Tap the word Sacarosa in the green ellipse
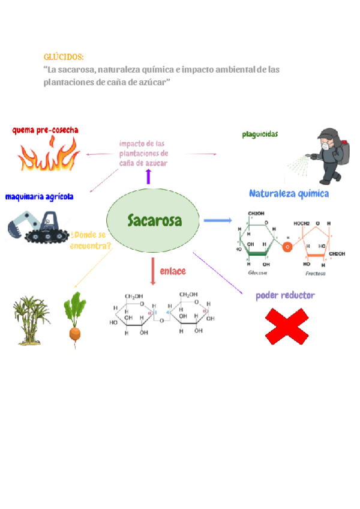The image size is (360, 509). (x=154, y=220)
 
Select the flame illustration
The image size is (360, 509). (x=49, y=154)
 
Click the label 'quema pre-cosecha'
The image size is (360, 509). (x=45, y=130)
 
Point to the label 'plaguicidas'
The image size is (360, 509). (x=260, y=134)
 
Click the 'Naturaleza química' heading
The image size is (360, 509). (x=289, y=194)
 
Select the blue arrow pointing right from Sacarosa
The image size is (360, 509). (x=216, y=220)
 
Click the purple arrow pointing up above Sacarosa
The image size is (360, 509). (x=148, y=176)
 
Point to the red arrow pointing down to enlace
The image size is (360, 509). (x=154, y=271)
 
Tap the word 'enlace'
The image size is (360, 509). (x=173, y=271)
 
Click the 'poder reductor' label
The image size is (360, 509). (x=285, y=295)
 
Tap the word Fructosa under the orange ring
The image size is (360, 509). (x=315, y=273)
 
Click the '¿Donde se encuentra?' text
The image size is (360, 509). (x=91, y=240)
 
